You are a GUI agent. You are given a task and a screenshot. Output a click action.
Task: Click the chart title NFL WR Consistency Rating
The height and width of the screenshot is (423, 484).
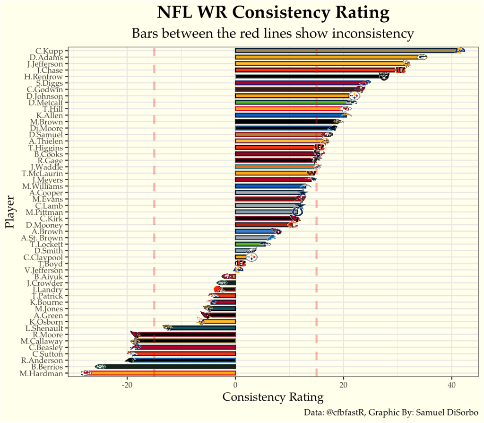pos(273,13)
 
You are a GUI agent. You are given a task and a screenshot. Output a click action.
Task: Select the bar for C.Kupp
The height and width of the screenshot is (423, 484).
pos(345,51)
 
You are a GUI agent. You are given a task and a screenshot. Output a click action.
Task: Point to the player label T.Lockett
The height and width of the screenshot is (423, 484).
pos(46,244)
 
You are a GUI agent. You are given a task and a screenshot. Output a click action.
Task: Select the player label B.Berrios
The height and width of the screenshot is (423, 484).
pos(47,367)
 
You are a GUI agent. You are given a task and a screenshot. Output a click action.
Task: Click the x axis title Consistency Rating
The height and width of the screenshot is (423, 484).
pos(273,397)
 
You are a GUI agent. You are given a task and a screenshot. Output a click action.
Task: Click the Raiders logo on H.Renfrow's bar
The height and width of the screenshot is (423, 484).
pos(384,76)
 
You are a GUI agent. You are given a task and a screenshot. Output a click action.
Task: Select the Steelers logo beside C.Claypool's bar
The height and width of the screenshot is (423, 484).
pos(252,257)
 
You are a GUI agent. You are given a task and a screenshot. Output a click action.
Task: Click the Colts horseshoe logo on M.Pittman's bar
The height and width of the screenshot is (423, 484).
pos(298,212)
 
